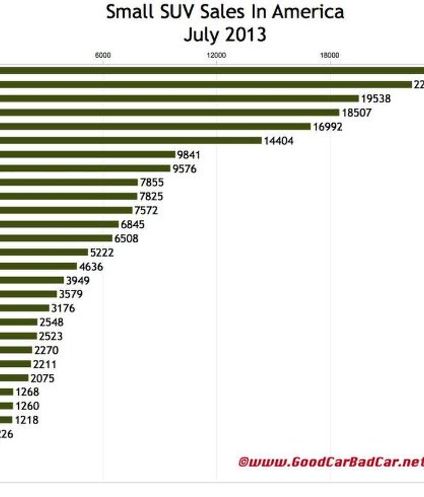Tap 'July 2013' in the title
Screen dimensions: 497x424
point(224,35)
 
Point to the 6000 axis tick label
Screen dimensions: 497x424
point(103,55)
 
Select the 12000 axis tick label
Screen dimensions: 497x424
point(216,55)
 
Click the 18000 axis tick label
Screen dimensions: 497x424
point(329,55)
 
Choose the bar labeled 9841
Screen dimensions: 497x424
point(88,155)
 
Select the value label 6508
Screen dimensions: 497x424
point(126,238)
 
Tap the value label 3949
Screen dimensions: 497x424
point(78,281)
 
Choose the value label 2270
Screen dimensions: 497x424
point(46,350)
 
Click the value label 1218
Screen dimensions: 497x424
point(26,420)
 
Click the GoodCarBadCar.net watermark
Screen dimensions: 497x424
point(331,462)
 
